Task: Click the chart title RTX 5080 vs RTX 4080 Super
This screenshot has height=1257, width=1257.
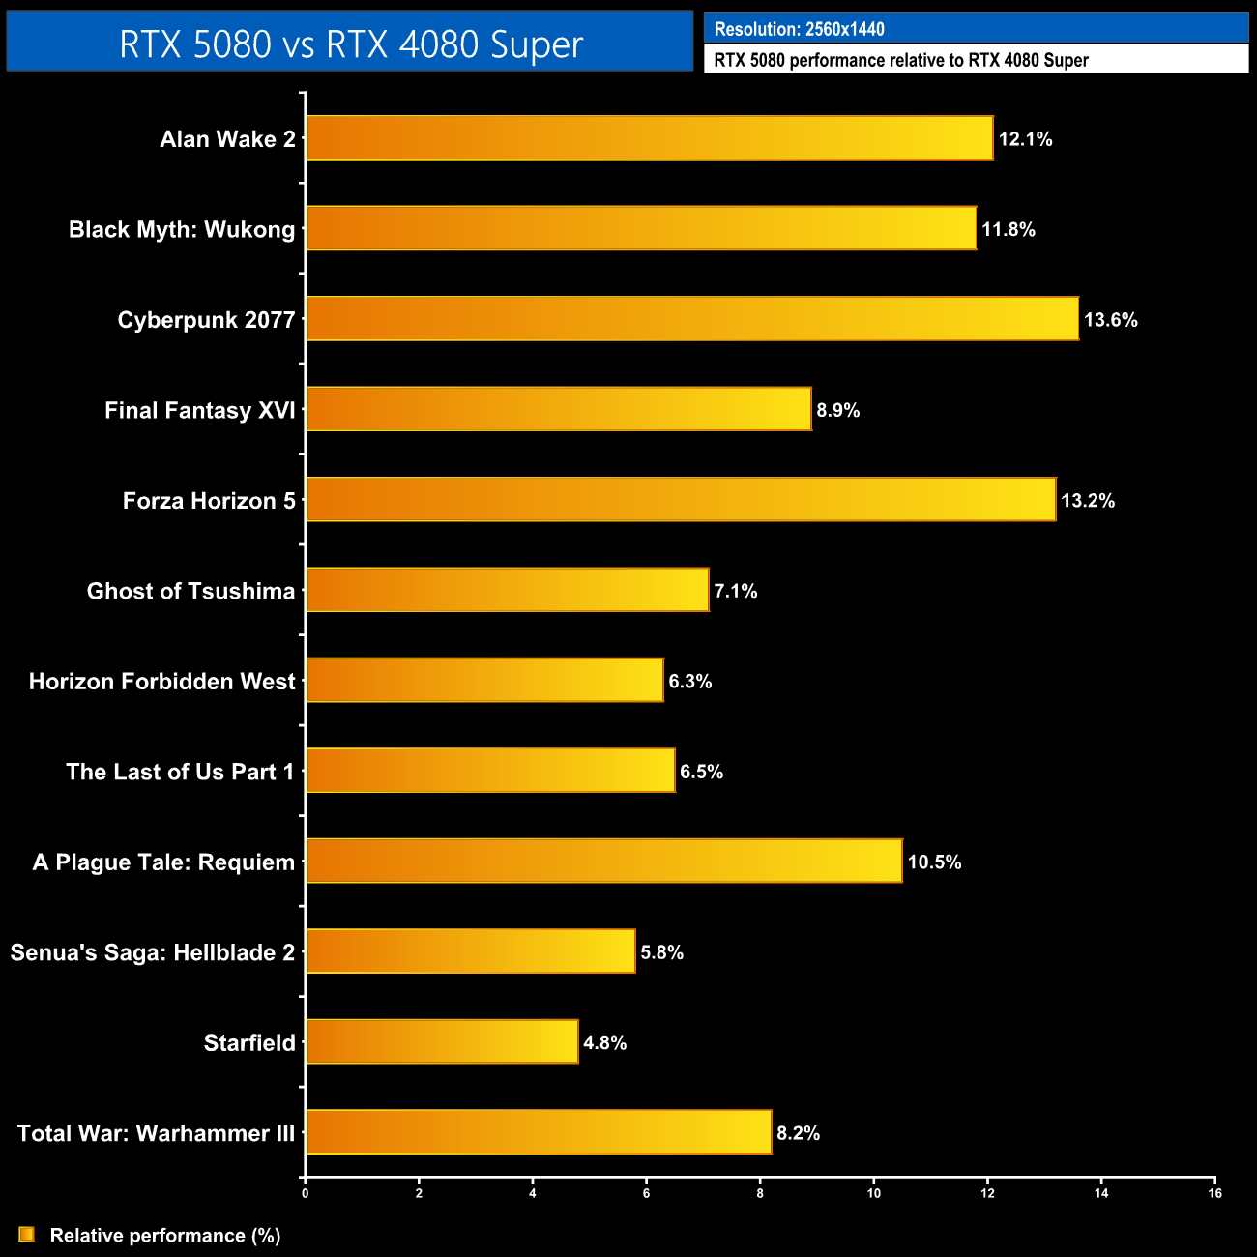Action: [350, 44]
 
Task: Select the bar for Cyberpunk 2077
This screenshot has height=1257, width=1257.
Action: [691, 319]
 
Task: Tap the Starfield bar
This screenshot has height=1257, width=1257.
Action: [442, 1042]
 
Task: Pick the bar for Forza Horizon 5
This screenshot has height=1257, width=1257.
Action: [681, 500]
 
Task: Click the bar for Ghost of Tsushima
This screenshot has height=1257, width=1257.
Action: [507, 591]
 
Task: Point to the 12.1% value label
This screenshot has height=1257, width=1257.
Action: [1025, 139]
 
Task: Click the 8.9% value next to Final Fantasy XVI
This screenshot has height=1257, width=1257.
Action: [837, 410]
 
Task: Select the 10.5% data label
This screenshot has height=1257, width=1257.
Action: [934, 862]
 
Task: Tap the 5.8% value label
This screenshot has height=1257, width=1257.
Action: [661, 952]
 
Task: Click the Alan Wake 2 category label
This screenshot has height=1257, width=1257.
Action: [227, 139]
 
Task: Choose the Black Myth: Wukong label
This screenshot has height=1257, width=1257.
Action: [182, 230]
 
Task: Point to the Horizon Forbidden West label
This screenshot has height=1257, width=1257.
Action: [161, 682]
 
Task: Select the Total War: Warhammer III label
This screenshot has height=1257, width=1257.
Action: [156, 1133]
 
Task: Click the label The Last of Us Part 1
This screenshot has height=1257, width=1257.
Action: [180, 772]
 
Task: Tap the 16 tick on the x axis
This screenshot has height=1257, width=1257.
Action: [1214, 1193]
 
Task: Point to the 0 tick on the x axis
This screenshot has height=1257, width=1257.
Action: [306, 1193]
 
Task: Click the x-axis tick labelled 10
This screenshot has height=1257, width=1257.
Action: [873, 1193]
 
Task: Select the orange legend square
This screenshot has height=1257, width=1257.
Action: [26, 1235]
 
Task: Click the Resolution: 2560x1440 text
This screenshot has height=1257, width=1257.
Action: [799, 29]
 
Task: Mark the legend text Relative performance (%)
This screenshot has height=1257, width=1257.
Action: [165, 1236]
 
